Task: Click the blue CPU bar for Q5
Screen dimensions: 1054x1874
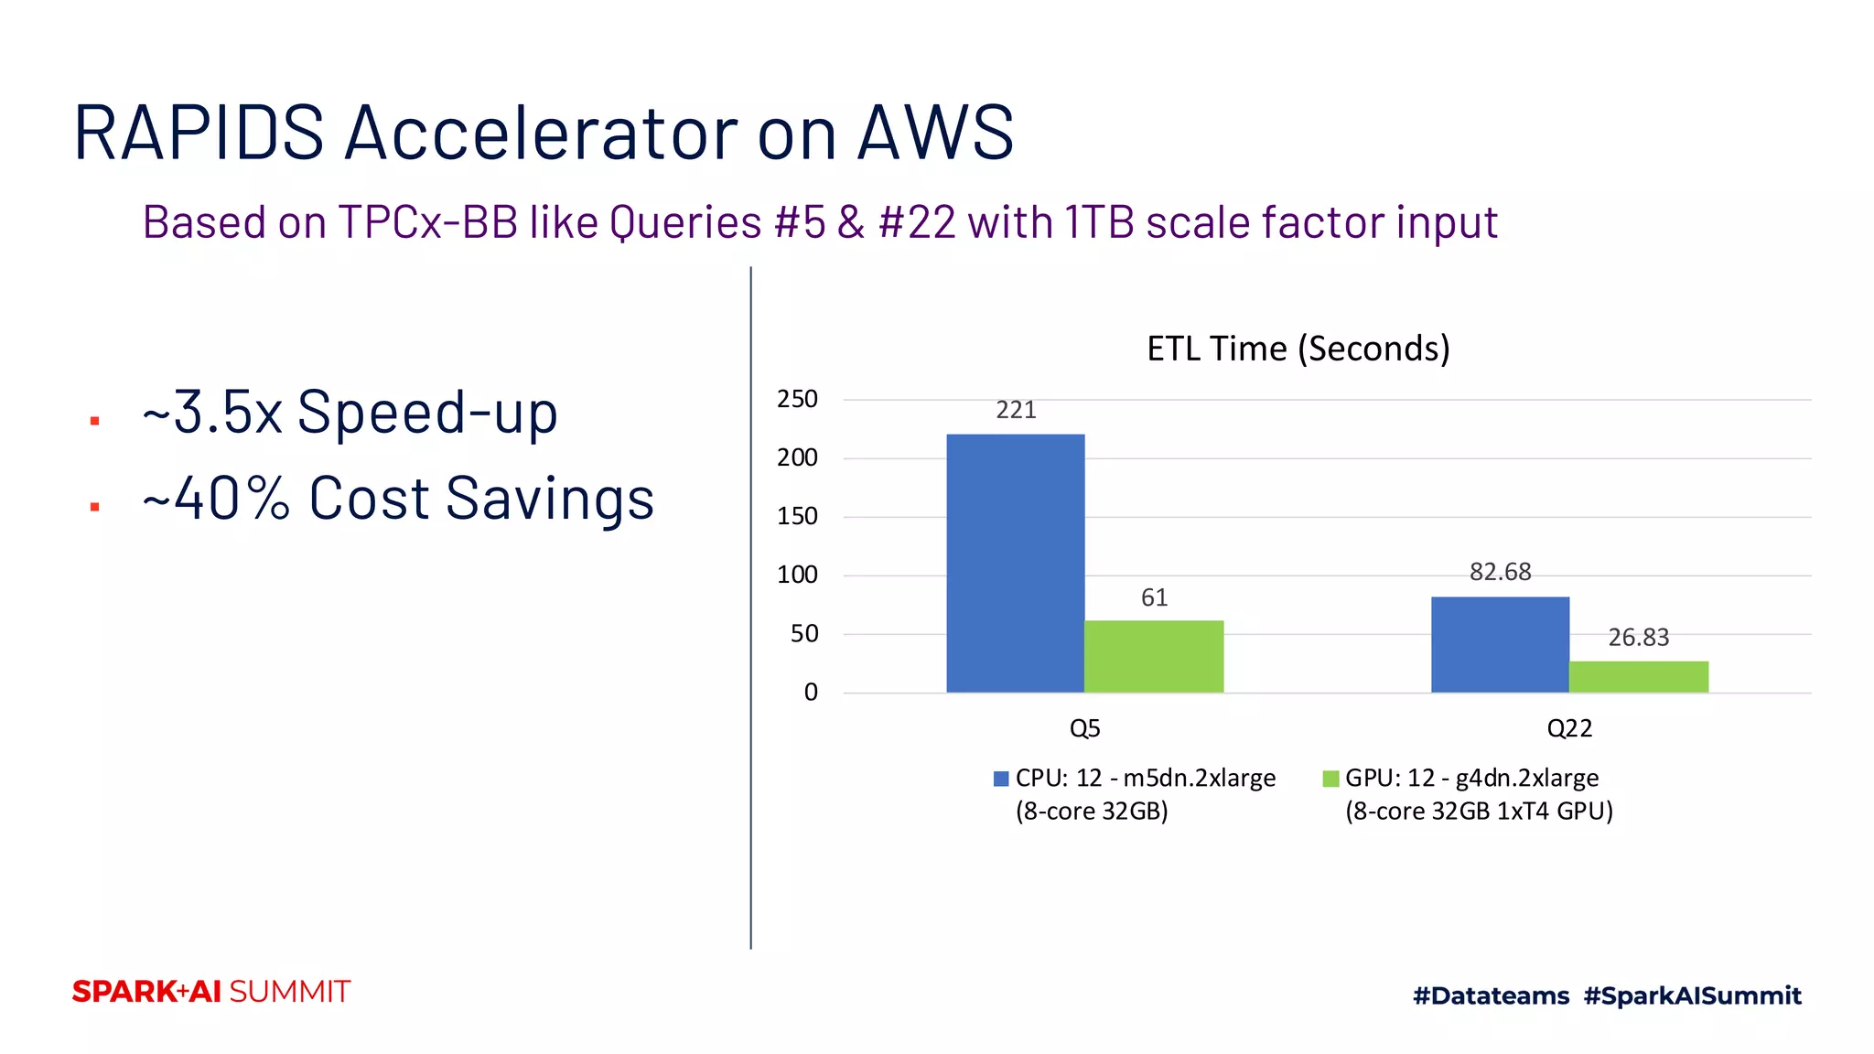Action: pos(1015,563)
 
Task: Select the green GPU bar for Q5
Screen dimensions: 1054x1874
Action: pos(1154,656)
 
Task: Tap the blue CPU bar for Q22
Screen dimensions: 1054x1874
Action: pos(1500,644)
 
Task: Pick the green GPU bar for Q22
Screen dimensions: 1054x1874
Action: pos(1638,676)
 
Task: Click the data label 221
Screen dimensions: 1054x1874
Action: pos(1016,410)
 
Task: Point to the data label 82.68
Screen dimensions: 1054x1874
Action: pos(1500,572)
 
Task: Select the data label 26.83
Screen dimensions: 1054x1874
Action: pos(1638,637)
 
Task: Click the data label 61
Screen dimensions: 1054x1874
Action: pos(1154,597)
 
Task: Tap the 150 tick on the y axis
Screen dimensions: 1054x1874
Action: pos(797,516)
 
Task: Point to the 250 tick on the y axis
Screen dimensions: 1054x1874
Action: pos(797,399)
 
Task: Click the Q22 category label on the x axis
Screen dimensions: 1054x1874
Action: pos(1569,728)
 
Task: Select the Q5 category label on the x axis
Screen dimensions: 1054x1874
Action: pos(1084,728)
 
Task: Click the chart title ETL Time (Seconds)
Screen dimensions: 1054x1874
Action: pos(1298,349)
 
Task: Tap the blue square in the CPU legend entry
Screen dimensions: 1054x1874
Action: pos(1001,779)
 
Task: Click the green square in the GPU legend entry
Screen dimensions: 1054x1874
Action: pos(1330,779)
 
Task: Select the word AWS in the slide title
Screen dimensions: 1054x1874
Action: pos(935,133)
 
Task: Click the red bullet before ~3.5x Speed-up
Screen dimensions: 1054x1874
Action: pos(94,421)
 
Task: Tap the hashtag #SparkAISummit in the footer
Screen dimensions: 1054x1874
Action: pos(1692,995)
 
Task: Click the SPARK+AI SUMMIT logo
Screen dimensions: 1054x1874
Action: pos(211,992)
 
